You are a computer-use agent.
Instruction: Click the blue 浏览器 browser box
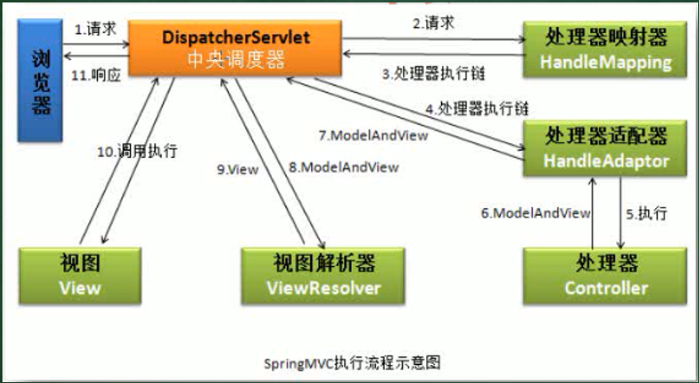40,80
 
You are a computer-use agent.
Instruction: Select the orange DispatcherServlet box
236,48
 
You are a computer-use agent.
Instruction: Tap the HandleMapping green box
605,49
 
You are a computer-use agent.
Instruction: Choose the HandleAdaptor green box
605,148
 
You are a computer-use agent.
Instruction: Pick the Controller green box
605,276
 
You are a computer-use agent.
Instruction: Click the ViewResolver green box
323,276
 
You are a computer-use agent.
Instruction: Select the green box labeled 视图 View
80,276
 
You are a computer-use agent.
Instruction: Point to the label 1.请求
95,29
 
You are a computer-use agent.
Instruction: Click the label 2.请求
434,23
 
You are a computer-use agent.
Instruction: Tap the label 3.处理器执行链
434,73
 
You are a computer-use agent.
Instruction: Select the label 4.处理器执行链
477,109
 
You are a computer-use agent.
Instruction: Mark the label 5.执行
647,214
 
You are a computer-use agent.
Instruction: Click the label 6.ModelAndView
536,213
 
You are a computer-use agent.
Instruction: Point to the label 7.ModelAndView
373,135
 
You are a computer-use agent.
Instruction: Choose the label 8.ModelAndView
344,167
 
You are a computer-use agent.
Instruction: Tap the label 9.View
237,170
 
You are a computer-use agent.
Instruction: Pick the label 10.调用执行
138,152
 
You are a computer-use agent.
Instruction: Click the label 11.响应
96,75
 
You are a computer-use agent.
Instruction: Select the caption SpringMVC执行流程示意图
352,362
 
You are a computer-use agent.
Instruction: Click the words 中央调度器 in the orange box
236,59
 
